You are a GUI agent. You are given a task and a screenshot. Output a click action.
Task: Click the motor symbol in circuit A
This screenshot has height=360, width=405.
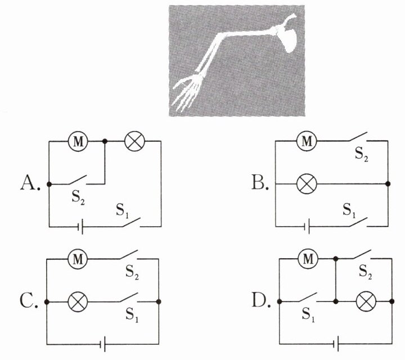[x=78, y=141]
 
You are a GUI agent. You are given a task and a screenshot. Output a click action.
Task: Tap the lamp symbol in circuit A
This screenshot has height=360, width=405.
[x=134, y=141]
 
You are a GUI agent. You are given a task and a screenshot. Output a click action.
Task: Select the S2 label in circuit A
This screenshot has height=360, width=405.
[x=78, y=198]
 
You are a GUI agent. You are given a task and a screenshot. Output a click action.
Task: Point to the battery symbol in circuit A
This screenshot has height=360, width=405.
[x=80, y=227]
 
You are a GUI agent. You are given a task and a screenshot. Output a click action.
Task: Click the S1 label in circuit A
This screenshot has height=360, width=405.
[x=123, y=210]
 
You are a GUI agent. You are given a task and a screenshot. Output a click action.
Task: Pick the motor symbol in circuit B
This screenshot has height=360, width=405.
[x=307, y=141]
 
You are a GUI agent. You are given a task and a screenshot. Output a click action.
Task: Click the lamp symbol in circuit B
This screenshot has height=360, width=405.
[x=307, y=184]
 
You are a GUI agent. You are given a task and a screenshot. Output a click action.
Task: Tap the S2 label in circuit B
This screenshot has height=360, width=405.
[x=361, y=155]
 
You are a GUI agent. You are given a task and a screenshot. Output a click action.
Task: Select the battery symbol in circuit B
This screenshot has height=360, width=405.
[x=307, y=227]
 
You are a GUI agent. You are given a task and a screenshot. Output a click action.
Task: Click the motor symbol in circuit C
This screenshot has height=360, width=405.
[x=78, y=259]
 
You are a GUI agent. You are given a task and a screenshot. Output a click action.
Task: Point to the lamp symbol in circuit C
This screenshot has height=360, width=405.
[x=78, y=302]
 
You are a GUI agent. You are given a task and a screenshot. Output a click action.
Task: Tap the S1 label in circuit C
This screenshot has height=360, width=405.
[x=132, y=315]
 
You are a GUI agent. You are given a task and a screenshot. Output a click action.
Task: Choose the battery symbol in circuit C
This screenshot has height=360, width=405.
[x=102, y=344]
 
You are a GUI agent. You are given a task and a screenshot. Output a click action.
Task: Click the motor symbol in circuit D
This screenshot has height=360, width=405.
[x=308, y=259]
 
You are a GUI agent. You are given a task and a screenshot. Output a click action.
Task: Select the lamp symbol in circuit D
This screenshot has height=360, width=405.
[x=366, y=301]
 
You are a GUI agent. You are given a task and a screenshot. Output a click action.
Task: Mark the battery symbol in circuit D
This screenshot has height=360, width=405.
[x=336, y=344]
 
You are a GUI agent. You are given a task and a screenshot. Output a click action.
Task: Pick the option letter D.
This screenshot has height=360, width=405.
[x=261, y=300]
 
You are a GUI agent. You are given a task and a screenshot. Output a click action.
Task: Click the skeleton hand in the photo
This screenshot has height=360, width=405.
[x=187, y=92]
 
